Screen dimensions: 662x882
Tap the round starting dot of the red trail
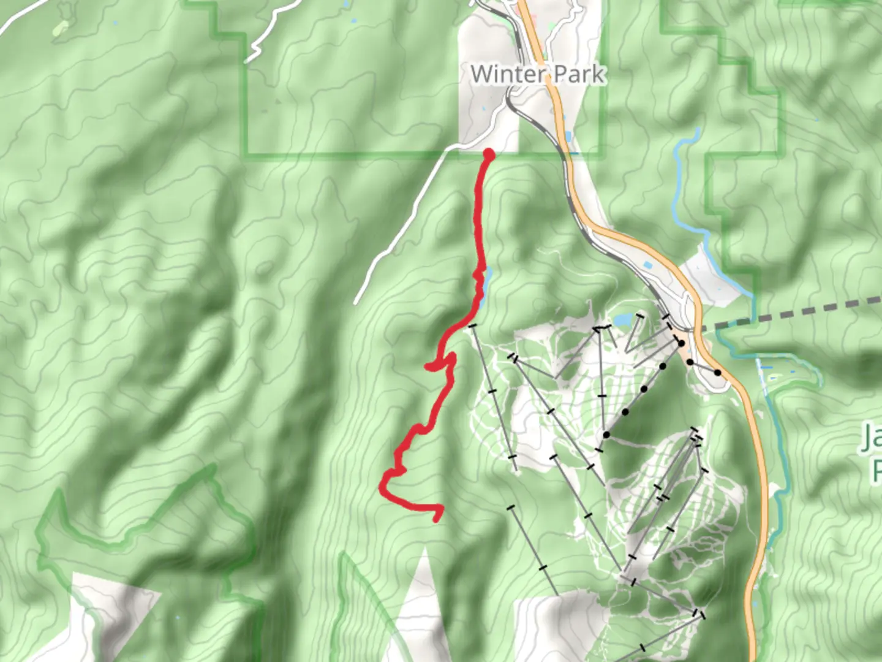489,154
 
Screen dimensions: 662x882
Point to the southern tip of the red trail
436,519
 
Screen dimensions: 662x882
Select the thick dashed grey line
796,314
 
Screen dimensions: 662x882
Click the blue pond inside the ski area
622,319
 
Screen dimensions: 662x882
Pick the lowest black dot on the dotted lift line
606,435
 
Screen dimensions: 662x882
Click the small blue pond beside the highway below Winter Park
568,136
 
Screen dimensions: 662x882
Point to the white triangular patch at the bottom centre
423,588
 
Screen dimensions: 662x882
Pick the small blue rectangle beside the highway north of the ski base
648,265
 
